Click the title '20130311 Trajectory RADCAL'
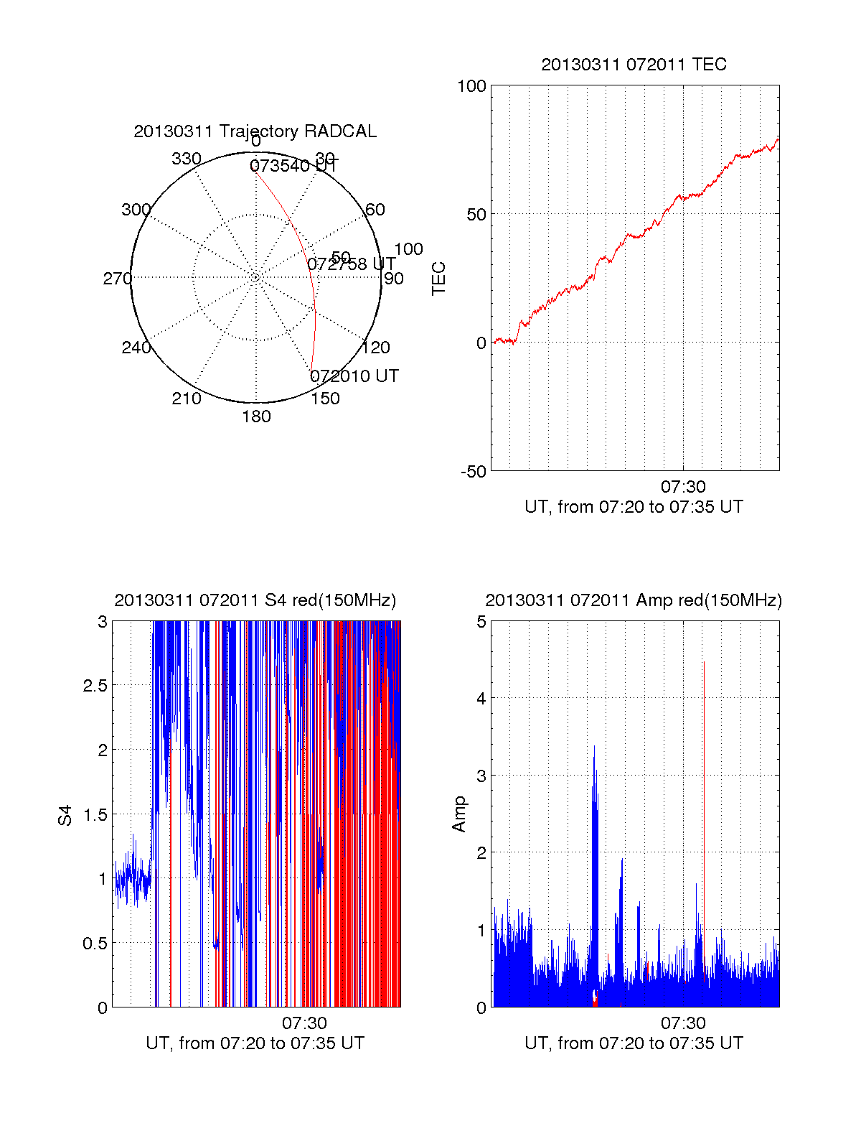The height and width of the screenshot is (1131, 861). (x=255, y=131)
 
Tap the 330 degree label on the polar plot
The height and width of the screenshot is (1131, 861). (x=187, y=159)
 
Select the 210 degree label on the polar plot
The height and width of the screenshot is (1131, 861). (x=187, y=399)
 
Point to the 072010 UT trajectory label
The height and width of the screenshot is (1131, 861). (x=354, y=376)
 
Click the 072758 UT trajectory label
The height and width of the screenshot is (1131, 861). (x=352, y=264)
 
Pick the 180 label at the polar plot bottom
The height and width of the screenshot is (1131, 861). (x=256, y=416)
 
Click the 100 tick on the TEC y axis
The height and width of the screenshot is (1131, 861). (x=471, y=86)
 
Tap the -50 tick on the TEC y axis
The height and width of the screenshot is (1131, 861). (x=474, y=472)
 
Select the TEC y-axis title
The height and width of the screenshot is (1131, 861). (x=438, y=279)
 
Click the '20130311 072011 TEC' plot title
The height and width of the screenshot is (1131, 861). (x=634, y=65)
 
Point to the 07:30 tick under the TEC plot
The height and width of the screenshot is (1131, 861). (x=682, y=487)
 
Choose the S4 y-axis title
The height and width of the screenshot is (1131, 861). (x=65, y=815)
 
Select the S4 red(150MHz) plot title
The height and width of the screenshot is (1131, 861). (x=255, y=600)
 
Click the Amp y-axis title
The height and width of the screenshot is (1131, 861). (x=458, y=814)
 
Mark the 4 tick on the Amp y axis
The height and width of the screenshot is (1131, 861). (x=481, y=699)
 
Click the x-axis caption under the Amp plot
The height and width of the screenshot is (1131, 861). (x=634, y=1043)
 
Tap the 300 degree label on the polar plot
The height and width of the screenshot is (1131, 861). (x=136, y=210)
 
